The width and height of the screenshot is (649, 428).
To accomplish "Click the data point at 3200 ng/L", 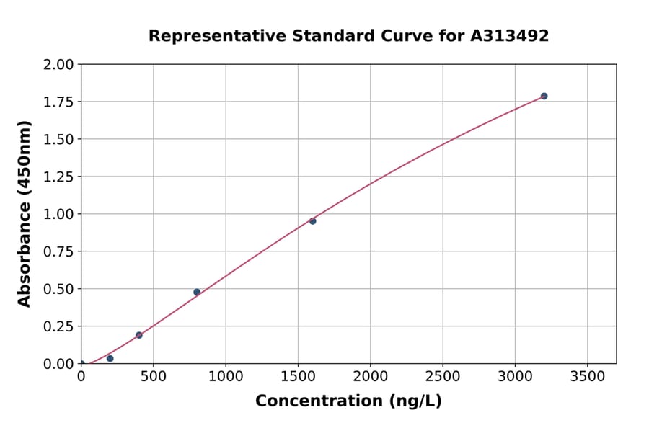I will [x=544, y=96].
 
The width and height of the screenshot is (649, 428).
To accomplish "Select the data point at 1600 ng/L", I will [x=312, y=221].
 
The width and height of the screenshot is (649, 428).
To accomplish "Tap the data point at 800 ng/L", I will [x=197, y=292].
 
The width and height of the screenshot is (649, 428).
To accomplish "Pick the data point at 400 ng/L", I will [x=139, y=335].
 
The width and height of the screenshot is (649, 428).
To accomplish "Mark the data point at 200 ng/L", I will [x=110, y=358].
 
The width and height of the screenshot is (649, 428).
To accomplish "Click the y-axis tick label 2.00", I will [x=58, y=65].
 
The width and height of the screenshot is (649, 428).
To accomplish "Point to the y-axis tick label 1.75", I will [x=58, y=102].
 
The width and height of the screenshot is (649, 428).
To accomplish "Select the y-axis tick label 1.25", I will [x=58, y=177].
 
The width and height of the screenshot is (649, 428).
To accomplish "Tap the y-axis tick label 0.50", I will [x=58, y=289].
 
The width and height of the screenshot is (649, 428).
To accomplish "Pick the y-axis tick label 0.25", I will [x=58, y=326].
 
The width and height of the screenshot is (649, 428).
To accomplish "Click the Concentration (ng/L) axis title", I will [x=348, y=401].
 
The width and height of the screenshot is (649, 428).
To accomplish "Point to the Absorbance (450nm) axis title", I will [x=25, y=214].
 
